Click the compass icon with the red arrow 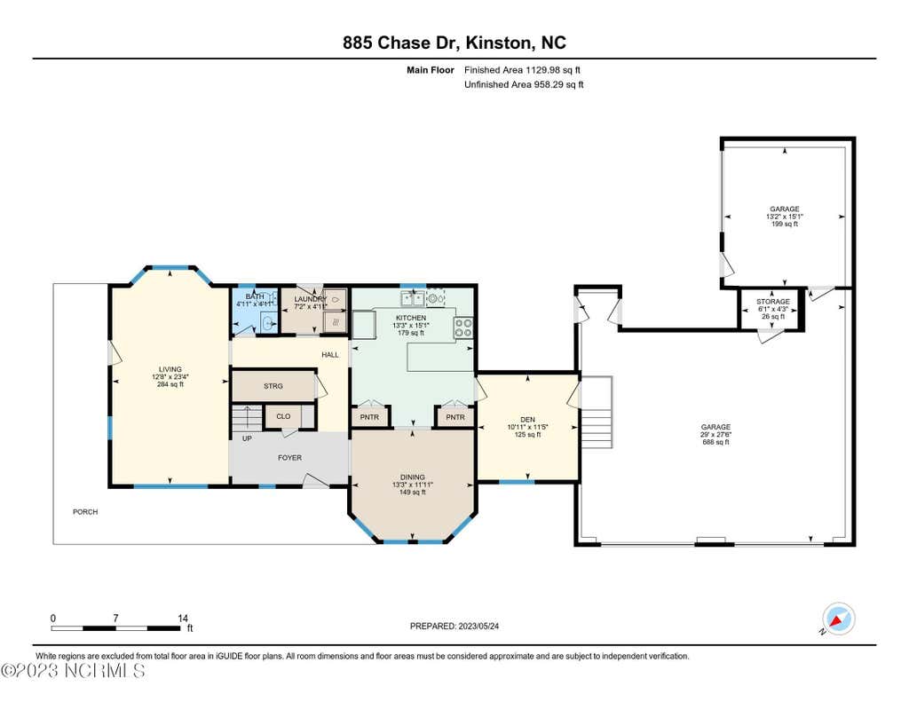pyautogui.click(x=839, y=619)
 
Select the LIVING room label pyautogui.click(x=170, y=369)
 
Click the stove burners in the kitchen pyautogui.click(x=463, y=328)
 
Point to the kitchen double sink pyautogui.click(x=412, y=299)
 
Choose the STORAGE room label pyautogui.click(x=773, y=302)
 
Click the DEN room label pyautogui.click(x=527, y=420)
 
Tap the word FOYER pyautogui.click(x=290, y=458)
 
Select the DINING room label pyautogui.click(x=413, y=477)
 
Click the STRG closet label pyautogui.click(x=273, y=386)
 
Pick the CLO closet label pyautogui.click(x=283, y=416)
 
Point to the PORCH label pyautogui.click(x=85, y=512)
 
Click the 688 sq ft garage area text pyautogui.click(x=715, y=442)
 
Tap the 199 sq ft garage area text pyautogui.click(x=785, y=224)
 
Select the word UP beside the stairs pyautogui.click(x=247, y=438)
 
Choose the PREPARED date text pyautogui.click(x=454, y=626)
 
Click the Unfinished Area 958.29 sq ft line pyautogui.click(x=524, y=84)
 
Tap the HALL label pyautogui.click(x=330, y=355)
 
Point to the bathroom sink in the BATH pyautogui.click(x=267, y=324)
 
